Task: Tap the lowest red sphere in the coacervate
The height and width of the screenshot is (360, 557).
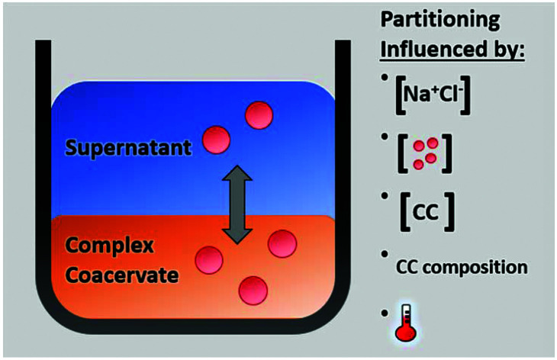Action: pos(253,290)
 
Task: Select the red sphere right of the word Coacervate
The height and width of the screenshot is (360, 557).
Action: pos(209,260)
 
